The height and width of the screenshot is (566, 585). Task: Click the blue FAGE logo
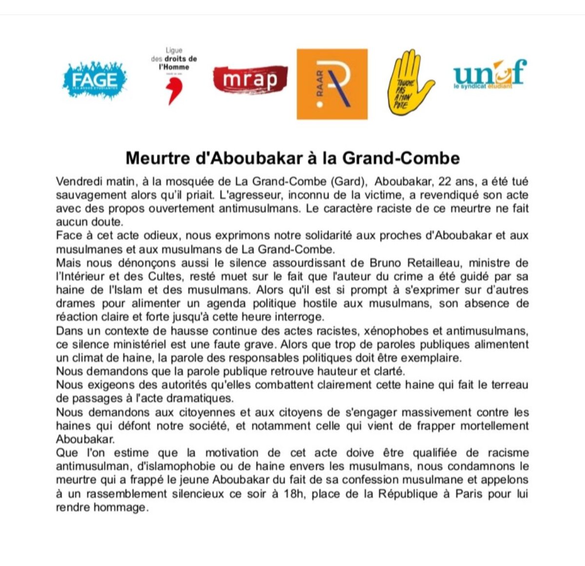tap(95, 80)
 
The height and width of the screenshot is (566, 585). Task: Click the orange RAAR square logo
tap(332, 84)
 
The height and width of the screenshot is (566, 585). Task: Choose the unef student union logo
tap(489, 74)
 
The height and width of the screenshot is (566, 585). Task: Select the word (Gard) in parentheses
tap(348, 181)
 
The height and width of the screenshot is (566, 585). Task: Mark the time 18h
tap(293, 493)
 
